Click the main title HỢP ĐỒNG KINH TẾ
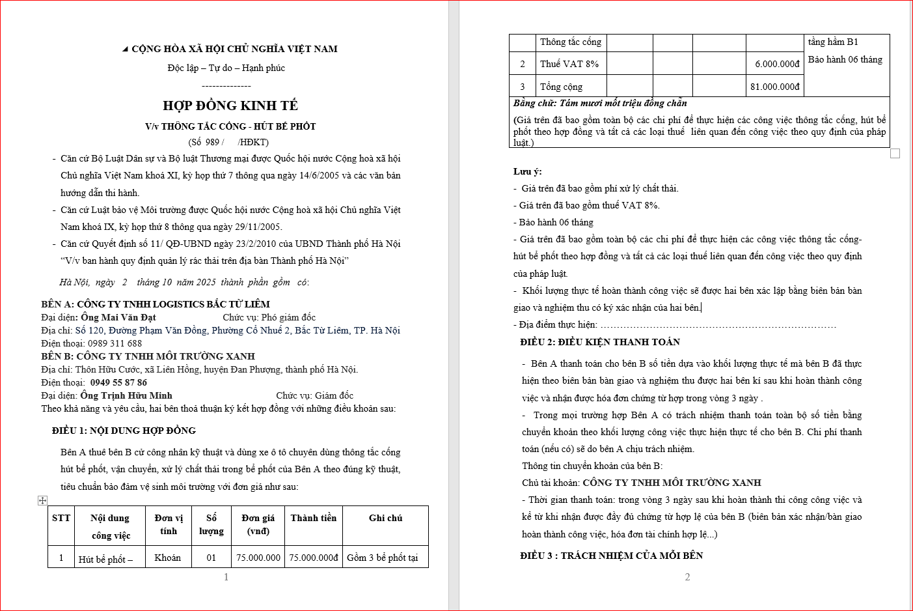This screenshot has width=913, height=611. coord(230,106)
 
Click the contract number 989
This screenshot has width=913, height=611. coord(212,142)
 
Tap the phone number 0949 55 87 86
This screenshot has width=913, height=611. coord(118,382)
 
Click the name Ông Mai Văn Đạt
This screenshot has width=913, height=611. coord(118,317)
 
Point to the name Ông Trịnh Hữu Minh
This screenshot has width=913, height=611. coord(126,395)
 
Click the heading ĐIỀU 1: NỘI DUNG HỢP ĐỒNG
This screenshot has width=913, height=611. coord(124,431)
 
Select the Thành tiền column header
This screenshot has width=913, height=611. coord(314,519)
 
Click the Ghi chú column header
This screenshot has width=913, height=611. coord(385,519)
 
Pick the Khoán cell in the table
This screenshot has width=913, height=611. coord(168,558)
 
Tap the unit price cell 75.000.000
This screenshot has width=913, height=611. coord(258,558)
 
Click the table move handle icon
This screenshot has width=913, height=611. coord(42,500)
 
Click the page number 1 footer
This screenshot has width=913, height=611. coord(226,577)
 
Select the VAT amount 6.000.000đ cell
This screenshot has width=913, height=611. coord(777,64)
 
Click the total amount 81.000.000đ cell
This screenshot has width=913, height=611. coord(774,87)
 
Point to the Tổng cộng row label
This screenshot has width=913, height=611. coord(561,87)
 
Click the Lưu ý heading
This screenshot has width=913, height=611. coord(527,171)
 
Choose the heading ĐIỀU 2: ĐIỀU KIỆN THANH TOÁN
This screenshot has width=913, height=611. coord(600,342)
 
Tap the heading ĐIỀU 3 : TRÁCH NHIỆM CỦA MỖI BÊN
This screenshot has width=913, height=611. coord(612,556)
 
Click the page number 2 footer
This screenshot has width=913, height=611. coord(687,577)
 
